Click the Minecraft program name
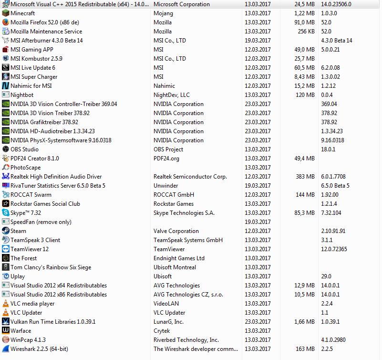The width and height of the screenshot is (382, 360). [x=22, y=13]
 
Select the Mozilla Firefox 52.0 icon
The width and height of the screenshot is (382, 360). [x=6, y=22]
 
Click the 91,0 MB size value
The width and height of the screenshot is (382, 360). [x=304, y=22]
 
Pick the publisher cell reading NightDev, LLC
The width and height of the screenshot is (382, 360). [x=172, y=95]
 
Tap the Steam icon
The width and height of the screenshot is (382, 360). [x=6, y=231]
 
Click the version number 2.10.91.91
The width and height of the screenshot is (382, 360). [x=333, y=231]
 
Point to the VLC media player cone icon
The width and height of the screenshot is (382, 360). [x=6, y=304]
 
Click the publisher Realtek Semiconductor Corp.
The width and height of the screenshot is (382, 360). [x=190, y=177]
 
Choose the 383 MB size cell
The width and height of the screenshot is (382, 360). [x=305, y=177]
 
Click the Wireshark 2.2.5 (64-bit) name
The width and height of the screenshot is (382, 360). [x=39, y=349]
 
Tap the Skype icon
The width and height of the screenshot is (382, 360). [x=6, y=213]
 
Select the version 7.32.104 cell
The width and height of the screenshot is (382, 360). [x=331, y=213]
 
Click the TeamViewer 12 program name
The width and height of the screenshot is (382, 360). [x=30, y=249]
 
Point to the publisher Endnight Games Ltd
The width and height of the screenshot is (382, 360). [x=179, y=258]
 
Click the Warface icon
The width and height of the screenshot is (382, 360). [x=6, y=331]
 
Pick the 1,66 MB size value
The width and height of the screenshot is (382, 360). [x=304, y=322]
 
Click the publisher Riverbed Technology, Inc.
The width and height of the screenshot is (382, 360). [x=186, y=340]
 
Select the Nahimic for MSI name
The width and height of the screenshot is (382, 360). [x=31, y=86]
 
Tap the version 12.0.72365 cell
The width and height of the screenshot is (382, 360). [x=334, y=249]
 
